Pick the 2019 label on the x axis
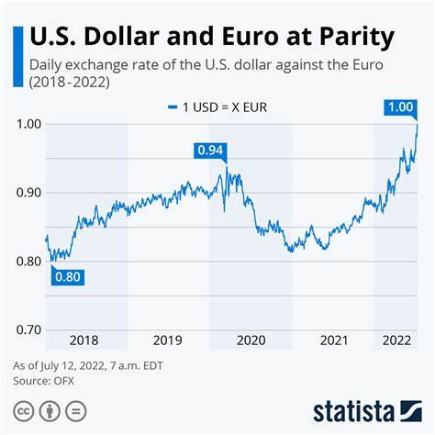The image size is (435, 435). click(x=168, y=340)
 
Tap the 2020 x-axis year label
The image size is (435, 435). click(x=251, y=340)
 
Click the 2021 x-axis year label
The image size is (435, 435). click(x=333, y=340)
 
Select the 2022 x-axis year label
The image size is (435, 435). click(x=396, y=340)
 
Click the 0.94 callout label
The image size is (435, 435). click(x=209, y=151)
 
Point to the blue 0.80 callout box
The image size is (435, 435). click(x=68, y=275)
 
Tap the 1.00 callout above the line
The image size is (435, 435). click(x=399, y=107)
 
